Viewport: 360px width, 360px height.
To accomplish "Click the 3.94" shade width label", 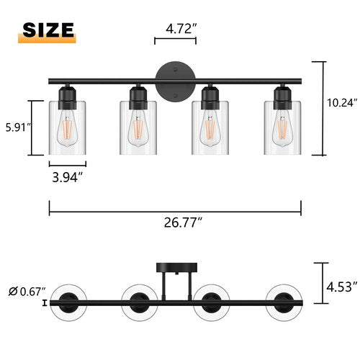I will coord(68,176).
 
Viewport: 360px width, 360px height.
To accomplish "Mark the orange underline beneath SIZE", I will coord(48,42).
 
